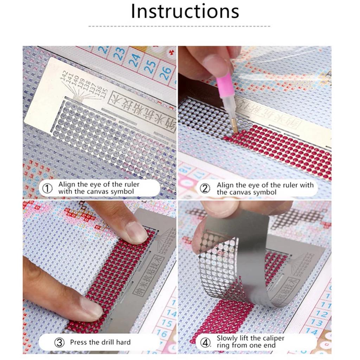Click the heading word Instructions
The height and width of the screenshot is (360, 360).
tap(185, 11)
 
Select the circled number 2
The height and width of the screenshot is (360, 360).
tap(205, 189)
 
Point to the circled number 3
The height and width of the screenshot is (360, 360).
tap(59, 342)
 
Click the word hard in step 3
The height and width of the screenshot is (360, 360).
tap(123, 342)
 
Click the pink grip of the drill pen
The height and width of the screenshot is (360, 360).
tap(225, 86)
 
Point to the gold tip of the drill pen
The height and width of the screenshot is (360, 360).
tap(235, 128)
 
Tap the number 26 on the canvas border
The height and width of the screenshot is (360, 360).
tap(165, 72)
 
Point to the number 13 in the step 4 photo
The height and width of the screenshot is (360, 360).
tap(316, 322)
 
